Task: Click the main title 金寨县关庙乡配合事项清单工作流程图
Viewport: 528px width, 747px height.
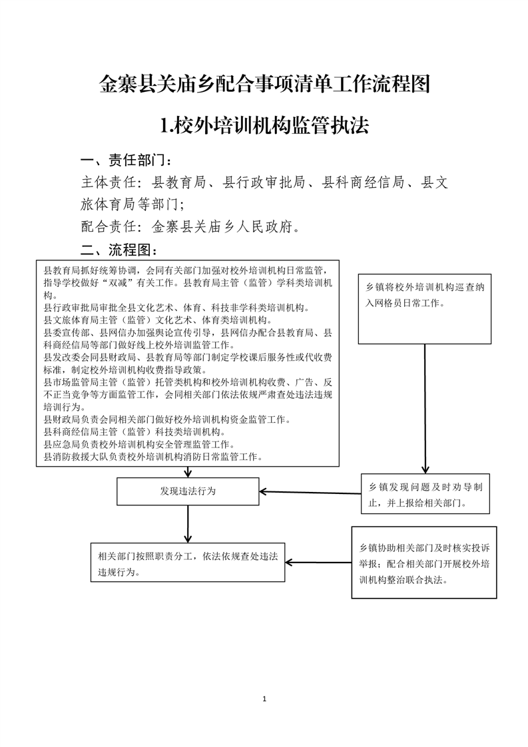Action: click(x=264, y=85)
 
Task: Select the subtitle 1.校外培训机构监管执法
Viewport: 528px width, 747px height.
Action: click(x=264, y=126)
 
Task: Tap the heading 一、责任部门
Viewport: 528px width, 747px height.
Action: click(x=127, y=160)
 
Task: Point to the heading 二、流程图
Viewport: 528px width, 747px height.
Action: click(x=119, y=250)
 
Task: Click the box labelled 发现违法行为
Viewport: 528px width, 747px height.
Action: click(x=188, y=491)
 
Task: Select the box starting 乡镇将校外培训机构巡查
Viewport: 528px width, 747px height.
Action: click(x=425, y=309)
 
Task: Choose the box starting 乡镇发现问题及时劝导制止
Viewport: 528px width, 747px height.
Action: click(x=425, y=493)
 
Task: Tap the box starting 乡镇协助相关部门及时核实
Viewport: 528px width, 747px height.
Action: click(x=424, y=562)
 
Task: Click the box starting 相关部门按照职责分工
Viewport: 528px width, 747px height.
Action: click(x=188, y=562)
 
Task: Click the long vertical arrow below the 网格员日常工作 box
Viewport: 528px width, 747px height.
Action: click(x=425, y=409)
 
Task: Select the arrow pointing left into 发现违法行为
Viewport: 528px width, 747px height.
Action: click(x=310, y=493)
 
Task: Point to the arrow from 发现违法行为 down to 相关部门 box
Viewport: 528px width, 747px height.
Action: click(x=188, y=524)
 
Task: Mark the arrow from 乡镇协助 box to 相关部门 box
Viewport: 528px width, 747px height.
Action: click(x=318, y=563)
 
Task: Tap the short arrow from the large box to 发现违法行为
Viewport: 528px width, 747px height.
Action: click(x=188, y=472)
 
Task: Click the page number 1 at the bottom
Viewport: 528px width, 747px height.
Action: click(x=264, y=699)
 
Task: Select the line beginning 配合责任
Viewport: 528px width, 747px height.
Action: click(x=190, y=226)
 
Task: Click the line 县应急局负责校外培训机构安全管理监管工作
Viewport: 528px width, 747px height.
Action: click(x=138, y=445)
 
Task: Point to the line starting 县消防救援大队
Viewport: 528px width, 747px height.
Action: click(x=153, y=457)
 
